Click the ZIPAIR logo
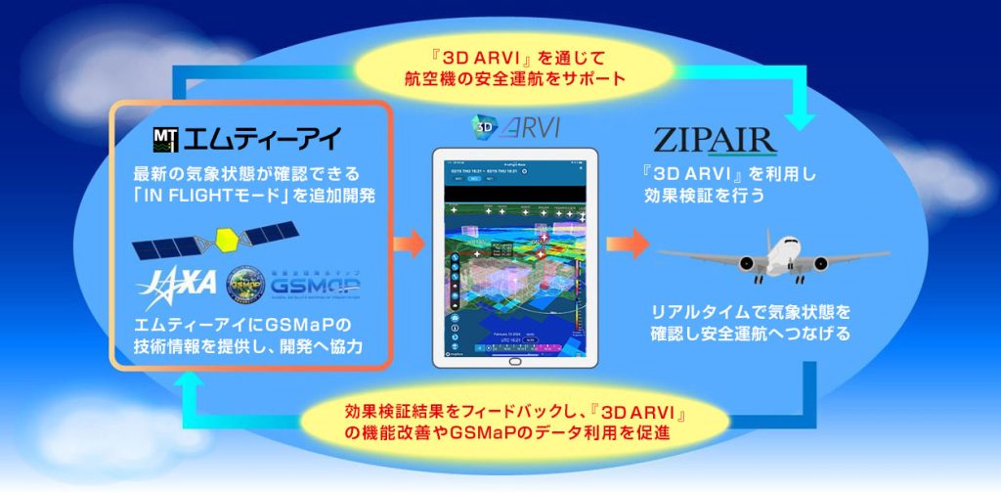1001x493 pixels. click(x=717, y=139)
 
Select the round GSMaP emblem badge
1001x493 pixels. click(x=242, y=284)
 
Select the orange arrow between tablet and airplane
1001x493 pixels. click(x=627, y=242)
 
